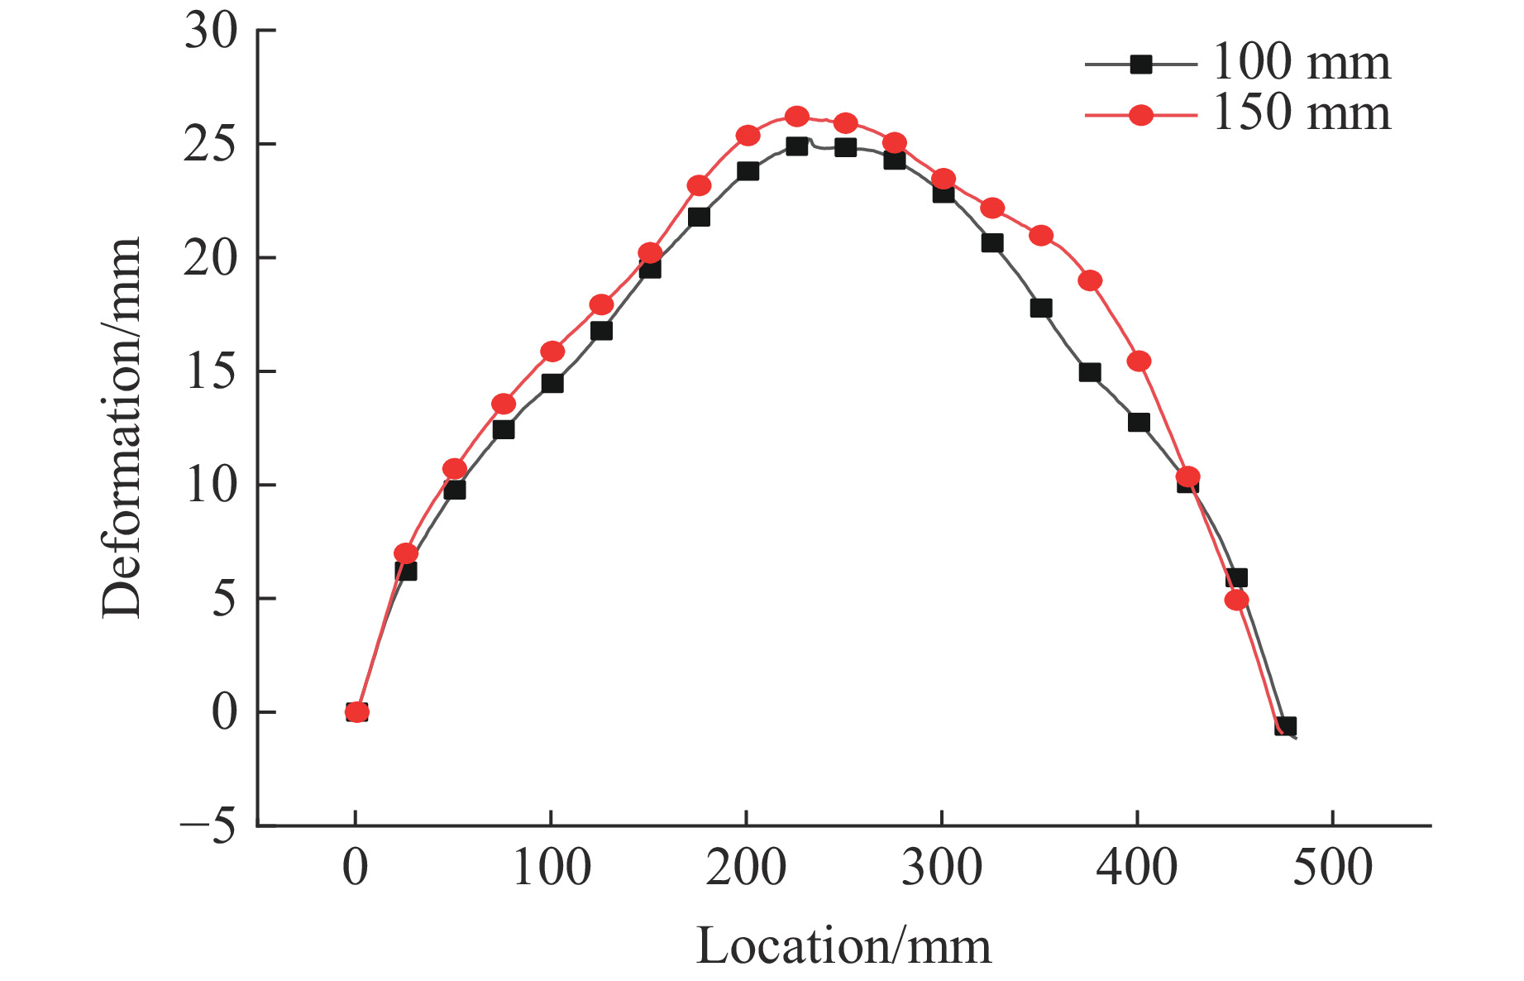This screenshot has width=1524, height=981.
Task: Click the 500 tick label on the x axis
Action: pyautogui.click(x=1332, y=868)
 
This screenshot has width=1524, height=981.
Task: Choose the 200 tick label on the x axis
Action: pyautogui.click(x=746, y=868)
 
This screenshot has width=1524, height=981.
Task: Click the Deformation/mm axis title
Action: pyautogui.click(x=122, y=428)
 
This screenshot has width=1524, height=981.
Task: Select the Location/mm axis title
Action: pyautogui.click(x=843, y=946)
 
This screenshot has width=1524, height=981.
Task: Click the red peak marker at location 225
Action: pyautogui.click(x=796, y=117)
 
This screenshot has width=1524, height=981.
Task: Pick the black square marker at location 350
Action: pyautogui.click(x=1041, y=309)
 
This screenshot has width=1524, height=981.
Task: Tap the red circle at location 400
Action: pyautogui.click(x=1139, y=361)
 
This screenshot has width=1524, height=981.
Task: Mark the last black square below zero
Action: pyautogui.click(x=1285, y=727)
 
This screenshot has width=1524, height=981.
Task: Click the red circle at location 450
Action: pyautogui.click(x=1236, y=600)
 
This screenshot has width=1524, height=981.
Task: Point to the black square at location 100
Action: pyautogui.click(x=552, y=383)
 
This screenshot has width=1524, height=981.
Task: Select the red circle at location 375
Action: pyautogui.click(x=1090, y=280)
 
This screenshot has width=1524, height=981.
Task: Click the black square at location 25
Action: pyautogui.click(x=405, y=571)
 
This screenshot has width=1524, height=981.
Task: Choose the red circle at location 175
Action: pyautogui.click(x=699, y=185)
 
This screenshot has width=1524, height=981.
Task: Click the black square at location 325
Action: pyautogui.click(x=992, y=242)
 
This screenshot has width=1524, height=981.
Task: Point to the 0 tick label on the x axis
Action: pyautogui.click(x=356, y=868)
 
